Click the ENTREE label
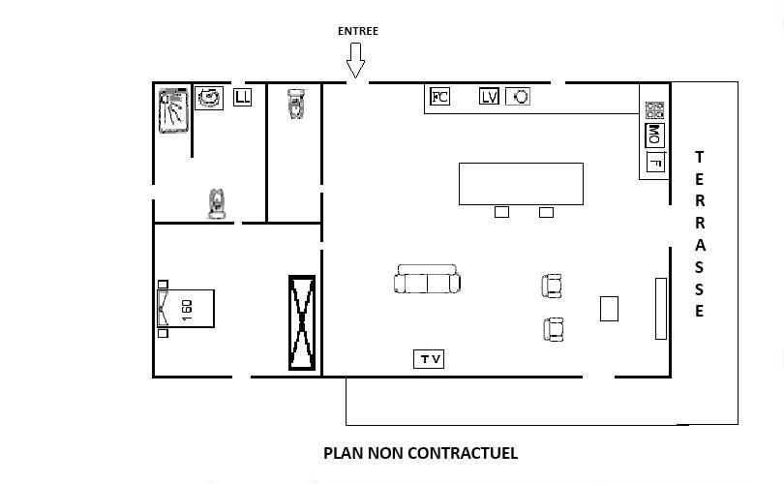pyautogui.click(x=358, y=31)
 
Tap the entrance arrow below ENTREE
pyautogui.click(x=355, y=60)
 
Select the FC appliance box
pyautogui.click(x=440, y=96)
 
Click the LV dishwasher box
pyautogui.click(x=489, y=96)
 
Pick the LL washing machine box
pyautogui.click(x=243, y=97)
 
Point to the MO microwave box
pyautogui.click(x=654, y=135)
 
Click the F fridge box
pyautogui.click(x=655, y=162)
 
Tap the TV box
pyautogui.click(x=429, y=359)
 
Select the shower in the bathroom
pyautogui.click(x=173, y=110)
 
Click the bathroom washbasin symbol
pyautogui.click(x=209, y=98)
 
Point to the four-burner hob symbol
pyautogui.click(x=654, y=110)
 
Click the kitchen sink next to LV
pyautogui.click(x=518, y=96)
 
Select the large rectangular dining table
pyautogui.click(x=521, y=184)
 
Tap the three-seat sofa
pyautogui.click(x=427, y=279)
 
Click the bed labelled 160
pyautogui.click(x=186, y=309)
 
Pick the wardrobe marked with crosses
pyautogui.click(x=302, y=323)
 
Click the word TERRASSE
pyautogui.click(x=700, y=234)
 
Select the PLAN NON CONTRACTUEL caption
pyautogui.click(x=420, y=453)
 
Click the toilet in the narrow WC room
pyautogui.click(x=295, y=104)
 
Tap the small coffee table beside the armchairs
pyautogui.click(x=609, y=309)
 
